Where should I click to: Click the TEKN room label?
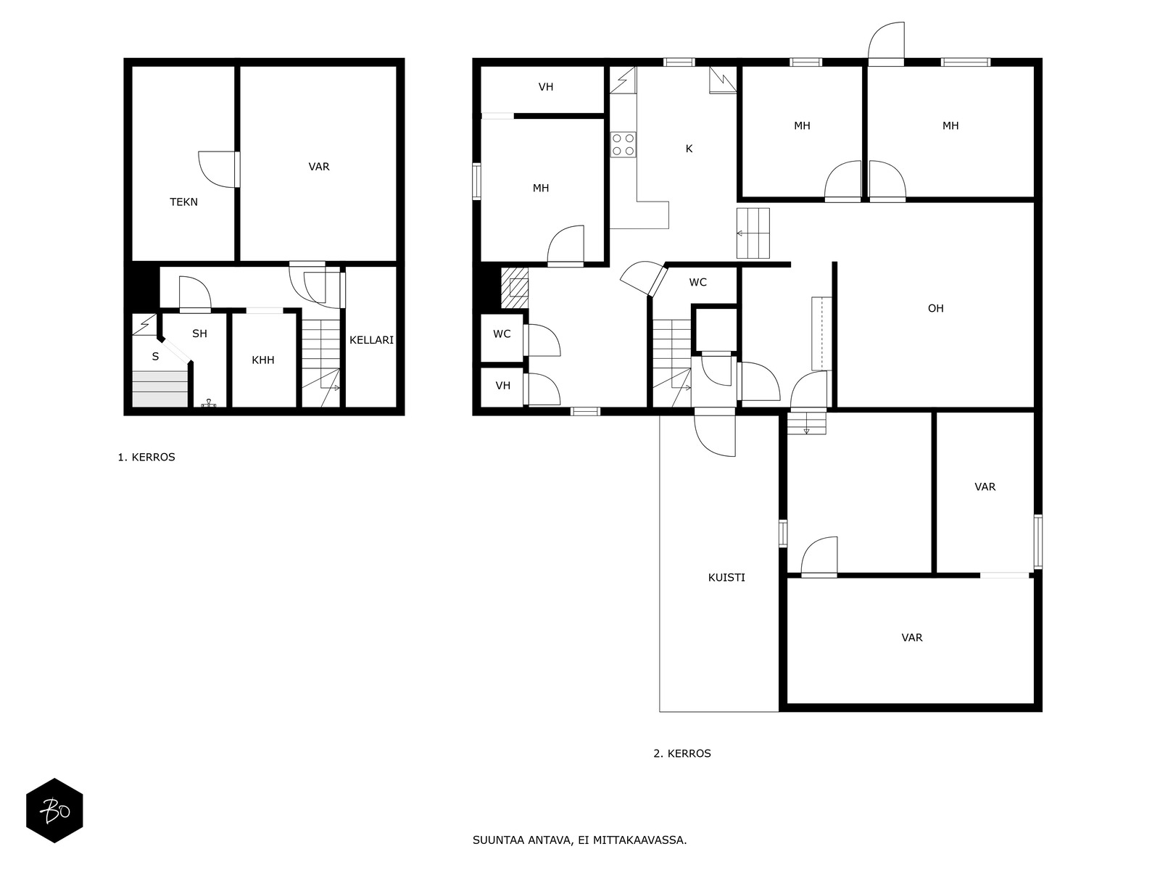click(x=183, y=202)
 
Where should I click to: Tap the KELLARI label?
click(x=371, y=340)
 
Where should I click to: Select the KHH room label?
click(x=262, y=360)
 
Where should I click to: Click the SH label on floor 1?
click(x=199, y=333)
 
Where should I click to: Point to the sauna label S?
click(x=155, y=357)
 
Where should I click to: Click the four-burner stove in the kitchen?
click(x=623, y=145)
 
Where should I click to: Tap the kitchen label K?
click(x=689, y=149)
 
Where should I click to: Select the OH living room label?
click(x=935, y=309)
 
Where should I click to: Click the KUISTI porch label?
click(x=726, y=578)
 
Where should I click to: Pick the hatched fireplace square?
click(x=515, y=288)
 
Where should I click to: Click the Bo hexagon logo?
click(x=54, y=811)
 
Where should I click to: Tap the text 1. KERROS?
click(x=146, y=457)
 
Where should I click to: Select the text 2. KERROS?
click(x=681, y=754)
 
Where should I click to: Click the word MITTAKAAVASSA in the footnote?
click(x=639, y=840)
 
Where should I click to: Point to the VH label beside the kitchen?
click(x=545, y=87)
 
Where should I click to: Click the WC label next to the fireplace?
click(x=502, y=334)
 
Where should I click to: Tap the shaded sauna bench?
click(x=159, y=389)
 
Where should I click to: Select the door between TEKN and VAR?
click(x=219, y=169)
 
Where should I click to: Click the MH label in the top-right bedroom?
click(x=950, y=126)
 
